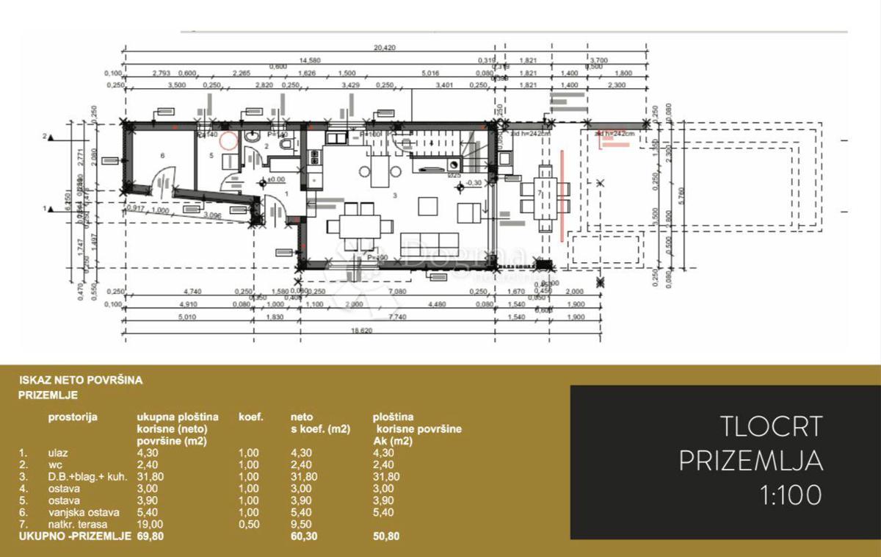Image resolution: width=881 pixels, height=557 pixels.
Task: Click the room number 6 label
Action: tap(162, 155)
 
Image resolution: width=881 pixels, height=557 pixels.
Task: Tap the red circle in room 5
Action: tap(229, 140)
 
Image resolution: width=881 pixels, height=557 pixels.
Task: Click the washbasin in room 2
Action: tap(252, 137)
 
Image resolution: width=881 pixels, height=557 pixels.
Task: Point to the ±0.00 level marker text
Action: tap(276, 179)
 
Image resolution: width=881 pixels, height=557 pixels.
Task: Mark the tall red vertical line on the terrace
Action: tap(562, 194)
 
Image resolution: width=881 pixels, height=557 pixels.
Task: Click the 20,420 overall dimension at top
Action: tap(385, 48)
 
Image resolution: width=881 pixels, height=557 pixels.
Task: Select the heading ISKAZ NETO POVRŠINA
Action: tap(81, 381)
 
